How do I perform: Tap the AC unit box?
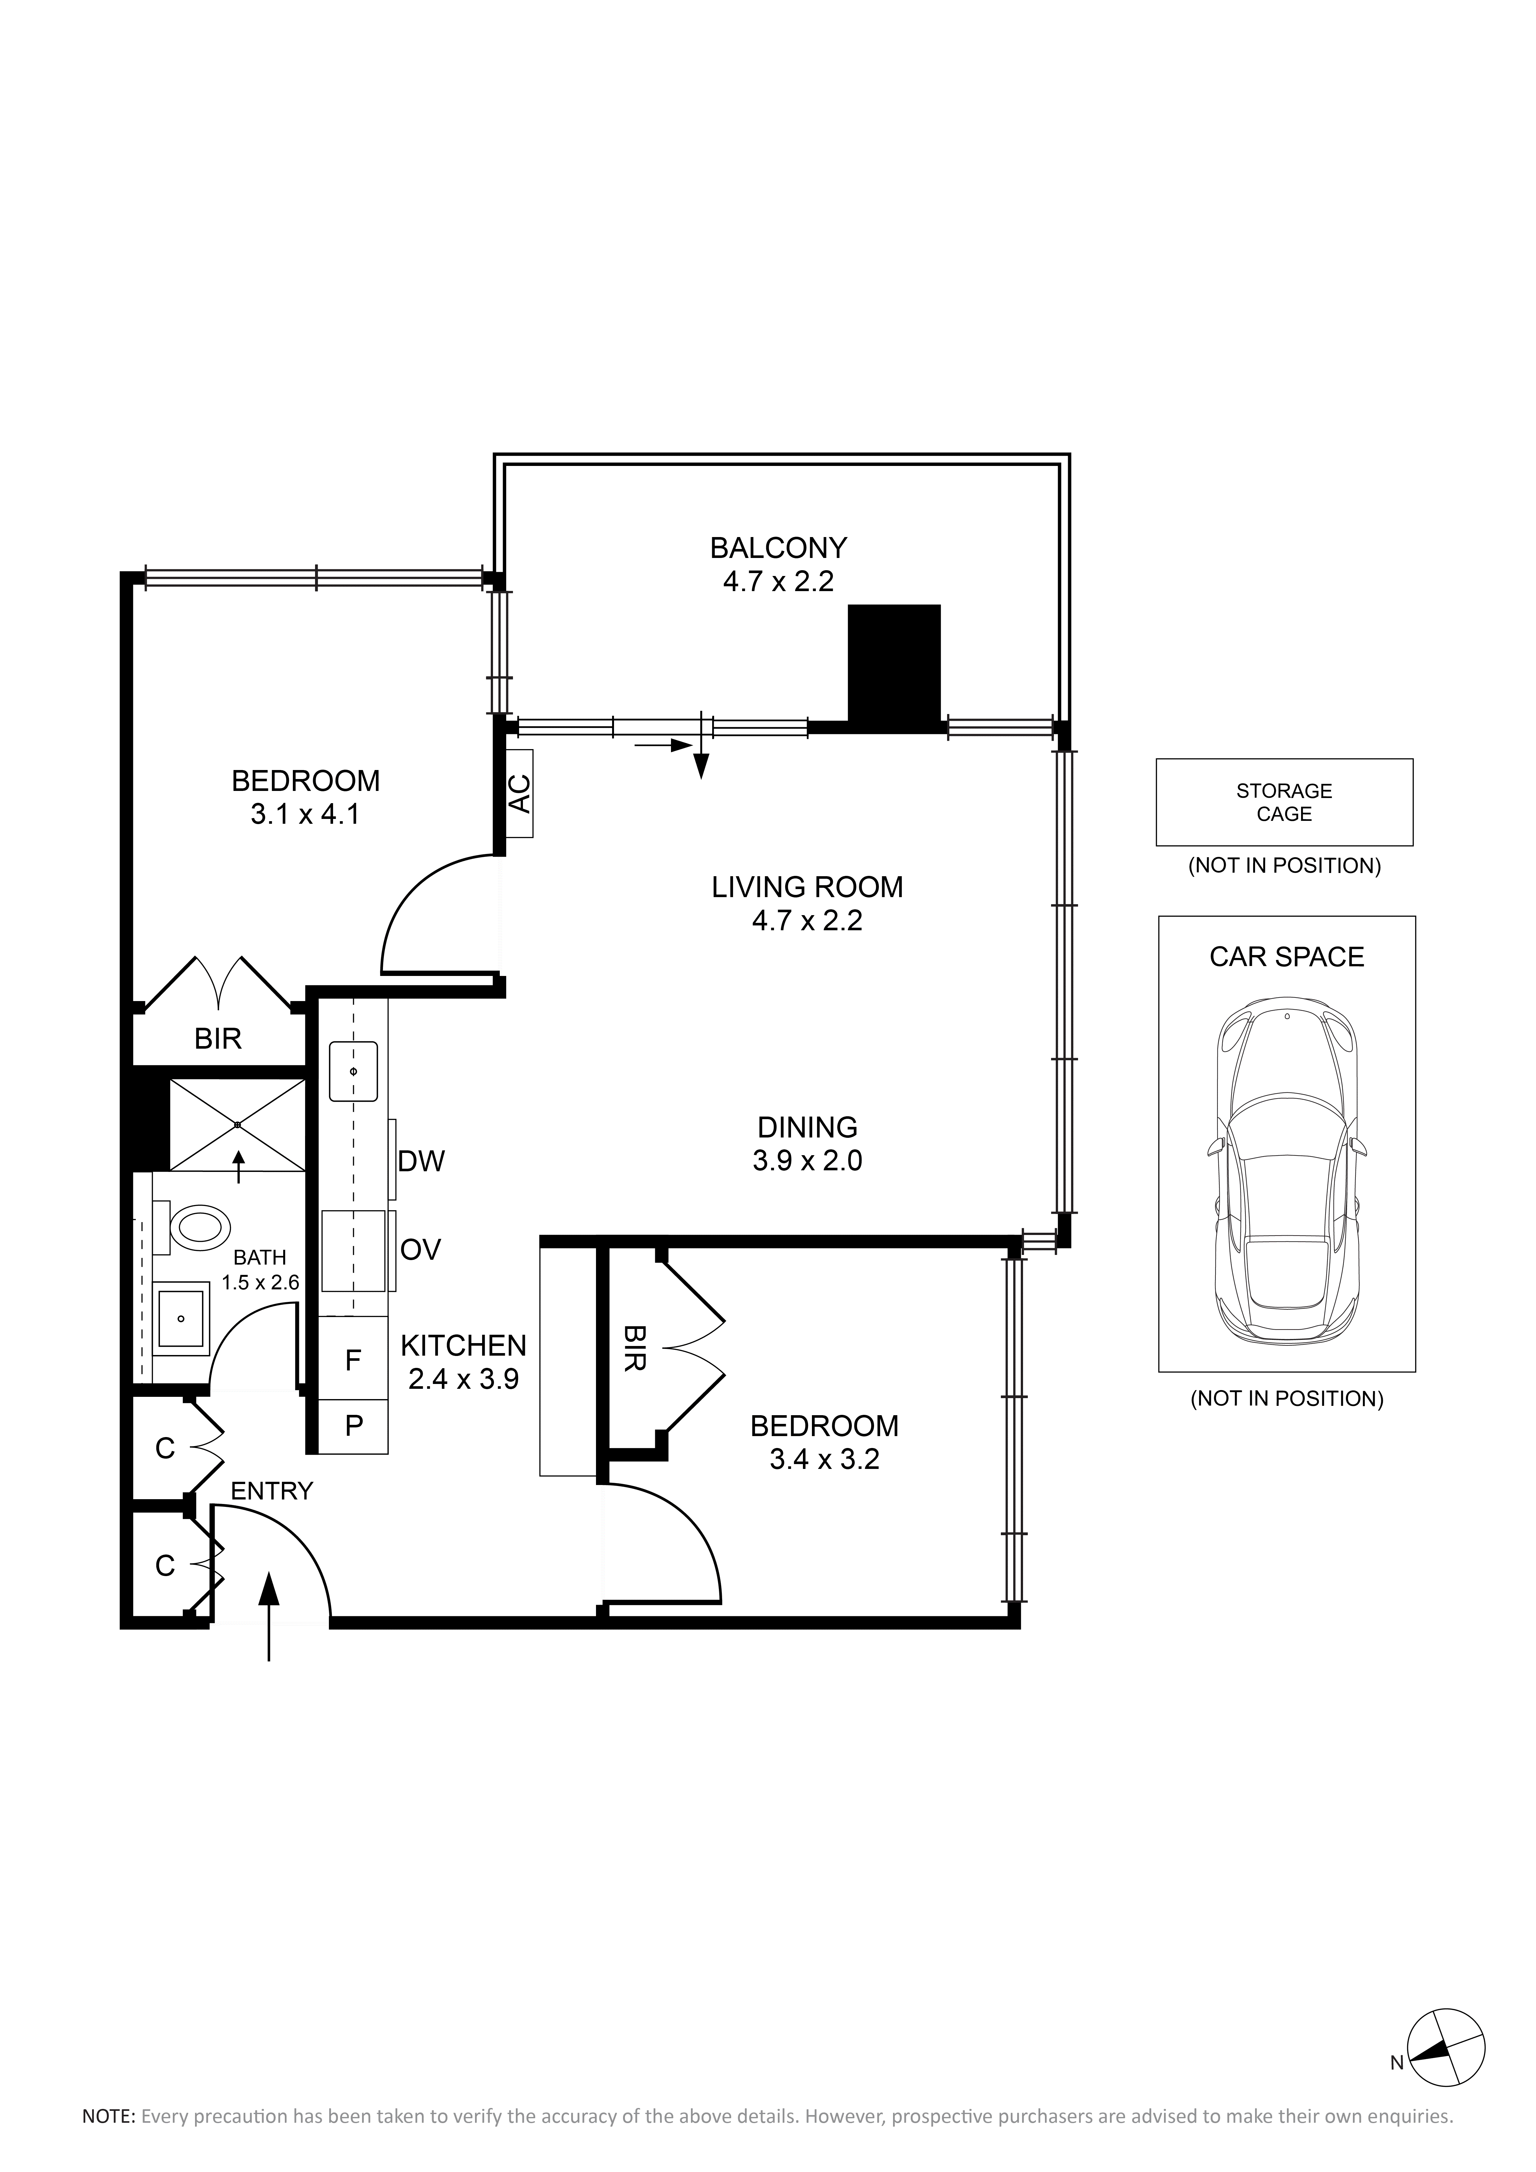point(519,793)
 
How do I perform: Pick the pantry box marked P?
point(353,1426)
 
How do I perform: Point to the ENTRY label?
point(272,1491)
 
